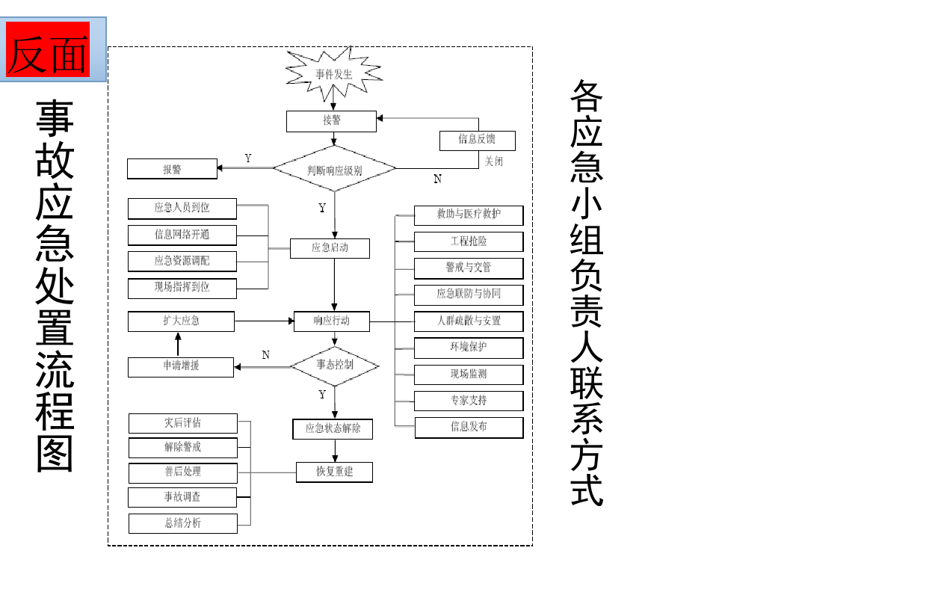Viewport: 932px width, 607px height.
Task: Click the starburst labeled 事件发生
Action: point(333,74)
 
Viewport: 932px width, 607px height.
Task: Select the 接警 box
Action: point(331,121)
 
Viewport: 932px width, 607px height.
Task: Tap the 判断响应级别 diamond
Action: point(334,169)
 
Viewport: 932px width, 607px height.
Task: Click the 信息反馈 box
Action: point(477,140)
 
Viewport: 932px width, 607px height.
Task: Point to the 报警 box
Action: point(172,169)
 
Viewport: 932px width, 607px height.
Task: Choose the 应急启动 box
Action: point(330,247)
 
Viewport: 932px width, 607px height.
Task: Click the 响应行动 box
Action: point(332,321)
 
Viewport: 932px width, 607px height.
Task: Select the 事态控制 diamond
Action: point(334,366)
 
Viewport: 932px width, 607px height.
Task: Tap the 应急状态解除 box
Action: point(333,429)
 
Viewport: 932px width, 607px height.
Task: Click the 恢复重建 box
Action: point(334,472)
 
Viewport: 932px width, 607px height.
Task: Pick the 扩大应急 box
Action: point(181,321)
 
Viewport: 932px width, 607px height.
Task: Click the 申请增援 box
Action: point(181,367)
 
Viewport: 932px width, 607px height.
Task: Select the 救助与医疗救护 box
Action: point(469,215)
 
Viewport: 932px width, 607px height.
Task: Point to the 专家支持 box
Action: point(469,401)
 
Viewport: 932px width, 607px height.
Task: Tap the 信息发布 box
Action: point(469,427)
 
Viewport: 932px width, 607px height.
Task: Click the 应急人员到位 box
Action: point(182,208)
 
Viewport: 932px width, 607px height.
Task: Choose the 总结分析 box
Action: point(182,523)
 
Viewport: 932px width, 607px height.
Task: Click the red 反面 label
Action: point(49,49)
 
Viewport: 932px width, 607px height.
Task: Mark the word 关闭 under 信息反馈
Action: point(494,161)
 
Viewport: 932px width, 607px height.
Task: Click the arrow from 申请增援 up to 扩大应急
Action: point(178,345)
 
